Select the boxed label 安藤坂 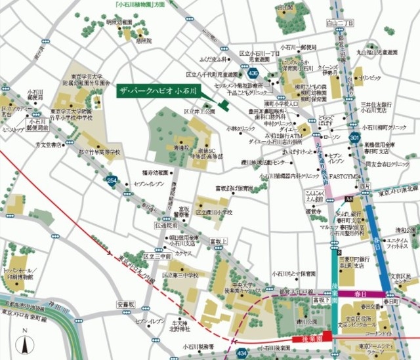point(126,305)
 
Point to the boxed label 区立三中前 point(157,256)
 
